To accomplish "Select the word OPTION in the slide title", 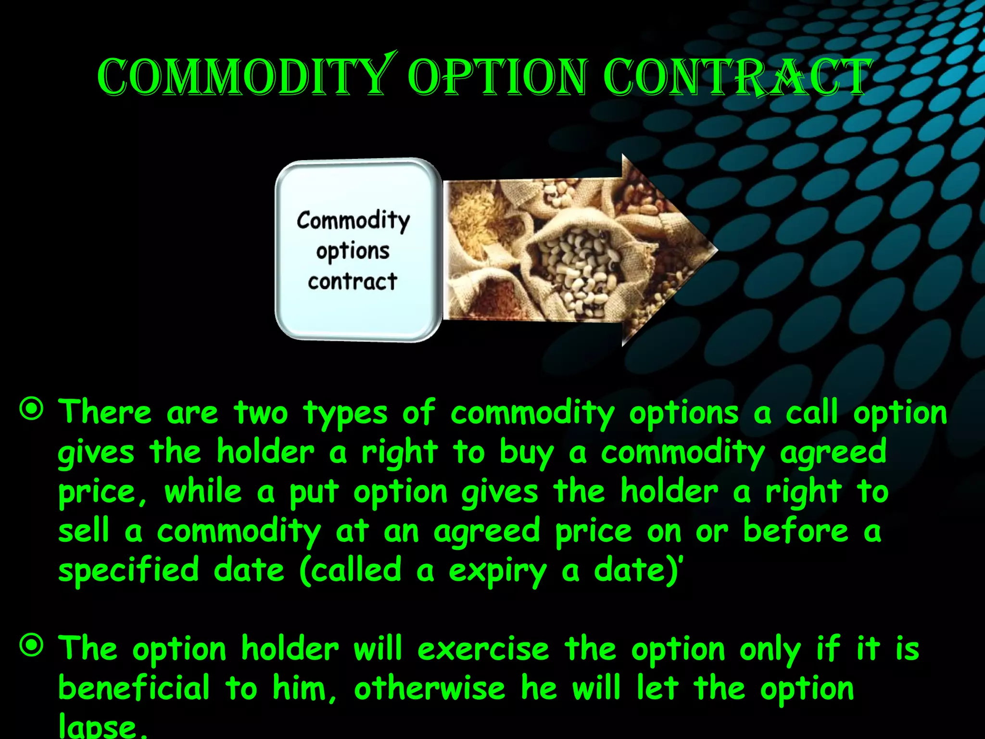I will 498,77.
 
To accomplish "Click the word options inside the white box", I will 353,251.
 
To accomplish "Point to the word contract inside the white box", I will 353,281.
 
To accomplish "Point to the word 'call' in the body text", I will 811,413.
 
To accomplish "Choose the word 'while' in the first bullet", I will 203,492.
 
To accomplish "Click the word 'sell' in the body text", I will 84,531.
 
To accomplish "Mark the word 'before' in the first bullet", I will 796,531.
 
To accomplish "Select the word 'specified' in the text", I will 128,570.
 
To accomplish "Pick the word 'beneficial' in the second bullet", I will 134,688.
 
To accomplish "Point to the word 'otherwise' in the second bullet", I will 429,688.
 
